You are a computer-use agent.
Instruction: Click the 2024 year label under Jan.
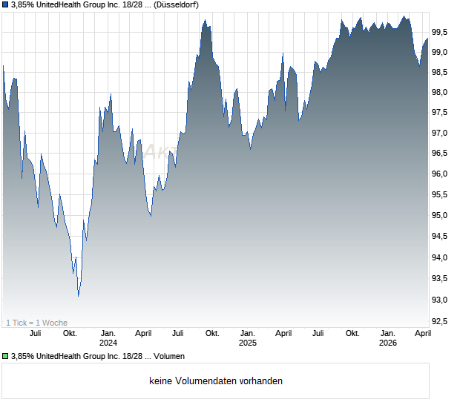click(108, 343)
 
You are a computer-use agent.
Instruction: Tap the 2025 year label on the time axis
click(247, 343)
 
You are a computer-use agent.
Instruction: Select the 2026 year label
click(387, 343)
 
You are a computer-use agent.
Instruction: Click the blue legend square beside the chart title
click(5, 4)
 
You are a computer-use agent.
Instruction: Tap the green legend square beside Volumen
click(5, 356)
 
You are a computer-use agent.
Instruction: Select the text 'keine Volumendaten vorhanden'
click(216, 381)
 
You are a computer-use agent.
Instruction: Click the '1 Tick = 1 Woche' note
click(37, 322)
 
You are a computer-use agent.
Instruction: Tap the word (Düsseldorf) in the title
click(181, 4)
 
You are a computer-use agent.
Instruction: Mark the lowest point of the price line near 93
click(79, 295)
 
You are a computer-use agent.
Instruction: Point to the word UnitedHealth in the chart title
click(70, 4)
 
